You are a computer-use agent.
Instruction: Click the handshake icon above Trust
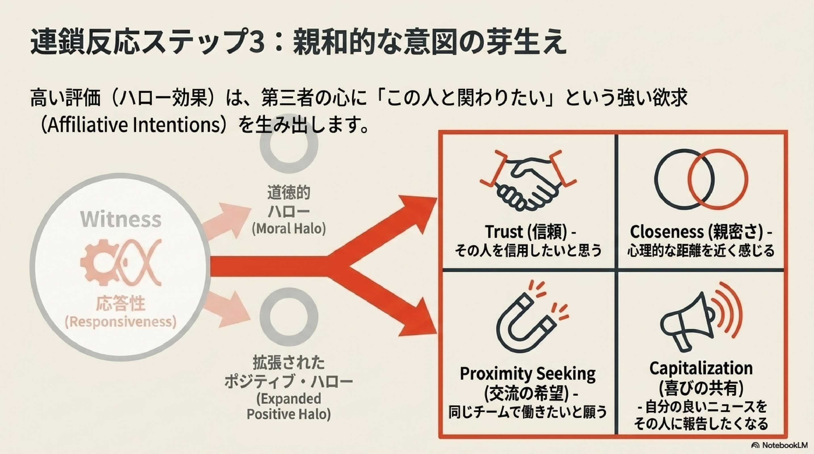click(x=528, y=183)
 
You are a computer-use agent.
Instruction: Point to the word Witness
click(x=121, y=219)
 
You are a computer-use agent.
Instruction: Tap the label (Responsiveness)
click(x=120, y=322)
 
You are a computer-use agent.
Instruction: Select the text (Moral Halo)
click(x=288, y=229)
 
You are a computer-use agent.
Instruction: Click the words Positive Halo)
click(x=288, y=414)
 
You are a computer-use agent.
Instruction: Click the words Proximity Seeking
click(x=528, y=374)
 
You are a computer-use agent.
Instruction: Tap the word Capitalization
click(x=701, y=368)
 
